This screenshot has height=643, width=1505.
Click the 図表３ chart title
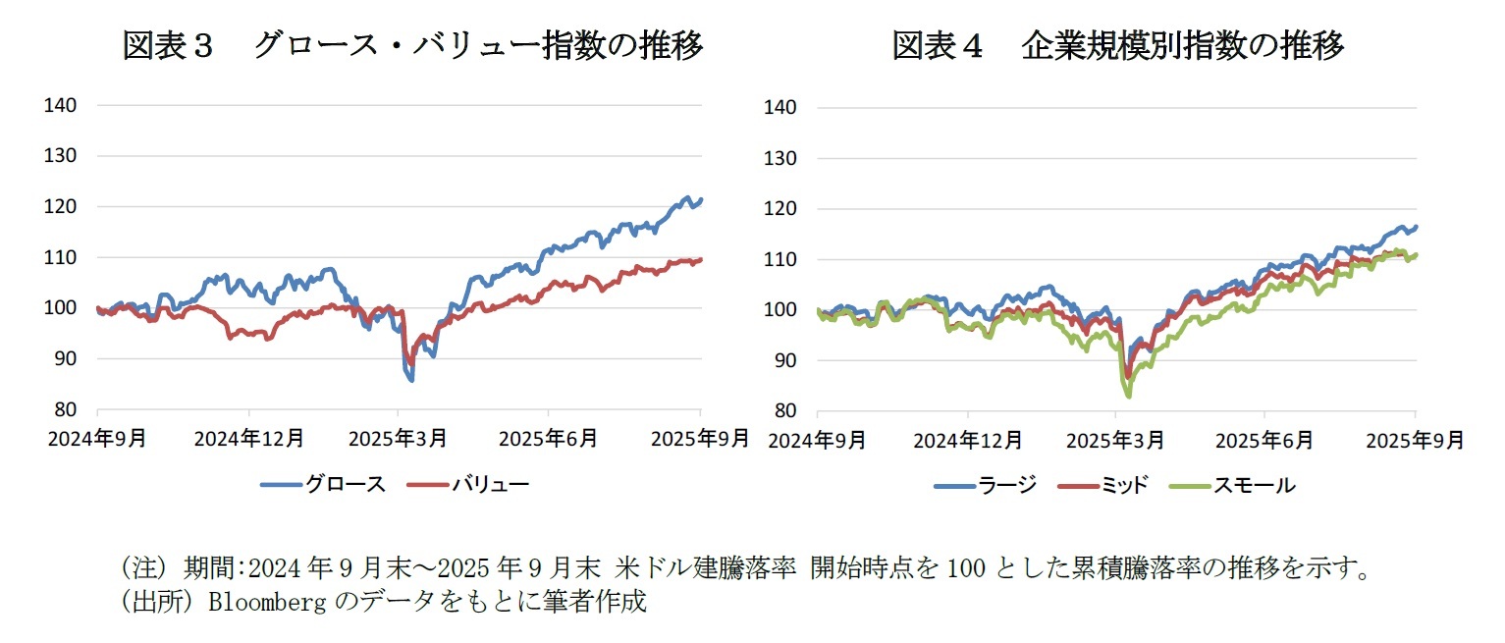(412, 45)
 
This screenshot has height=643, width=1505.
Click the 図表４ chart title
(1117, 45)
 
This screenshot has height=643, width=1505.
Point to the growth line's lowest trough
(411, 380)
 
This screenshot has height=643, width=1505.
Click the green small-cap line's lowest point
(1129, 396)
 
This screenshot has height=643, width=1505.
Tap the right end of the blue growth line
(701, 199)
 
